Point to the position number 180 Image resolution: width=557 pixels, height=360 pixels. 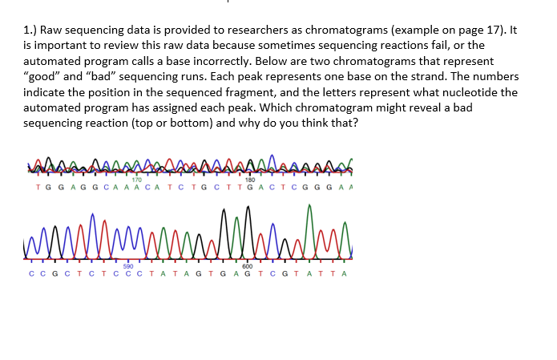pos(250,168)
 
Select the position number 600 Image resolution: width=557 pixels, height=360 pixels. pos(247,266)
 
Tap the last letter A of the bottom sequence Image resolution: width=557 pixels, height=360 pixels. pos(344,274)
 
